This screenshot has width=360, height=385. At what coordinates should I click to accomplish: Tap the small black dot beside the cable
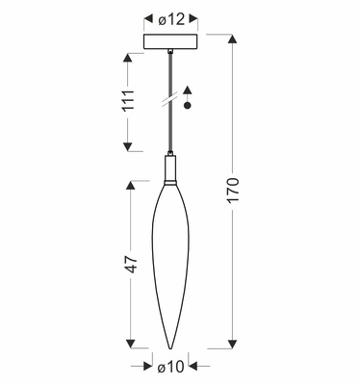(x=188, y=106)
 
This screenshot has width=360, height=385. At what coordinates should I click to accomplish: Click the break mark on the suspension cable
(x=169, y=96)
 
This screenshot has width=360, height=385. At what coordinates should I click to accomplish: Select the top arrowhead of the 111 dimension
(x=126, y=57)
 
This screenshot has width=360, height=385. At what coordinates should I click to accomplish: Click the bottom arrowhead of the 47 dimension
(x=126, y=345)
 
